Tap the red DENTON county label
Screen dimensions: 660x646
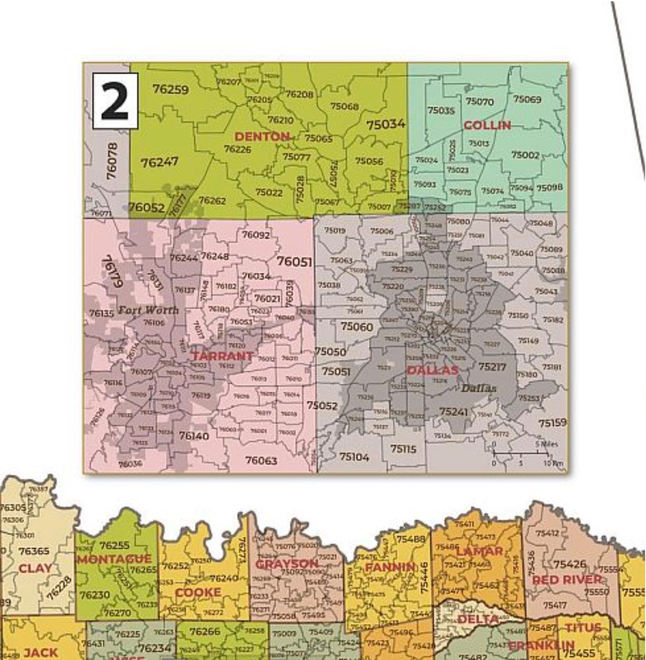(262, 136)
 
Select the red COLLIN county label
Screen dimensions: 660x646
(487, 125)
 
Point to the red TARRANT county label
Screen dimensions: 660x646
(223, 356)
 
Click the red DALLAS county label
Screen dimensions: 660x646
(433, 370)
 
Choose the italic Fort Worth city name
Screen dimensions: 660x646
(148, 310)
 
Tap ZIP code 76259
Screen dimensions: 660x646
(171, 89)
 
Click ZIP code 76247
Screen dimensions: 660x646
(159, 162)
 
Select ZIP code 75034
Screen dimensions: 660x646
(385, 124)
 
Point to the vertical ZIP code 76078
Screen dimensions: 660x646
(112, 160)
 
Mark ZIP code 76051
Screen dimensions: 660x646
(294, 262)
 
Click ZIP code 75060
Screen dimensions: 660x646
(357, 326)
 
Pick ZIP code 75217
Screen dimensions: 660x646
(492, 366)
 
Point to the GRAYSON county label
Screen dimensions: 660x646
(287, 564)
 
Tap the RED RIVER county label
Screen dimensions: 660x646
(567, 580)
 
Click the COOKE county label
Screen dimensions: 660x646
(198, 592)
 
